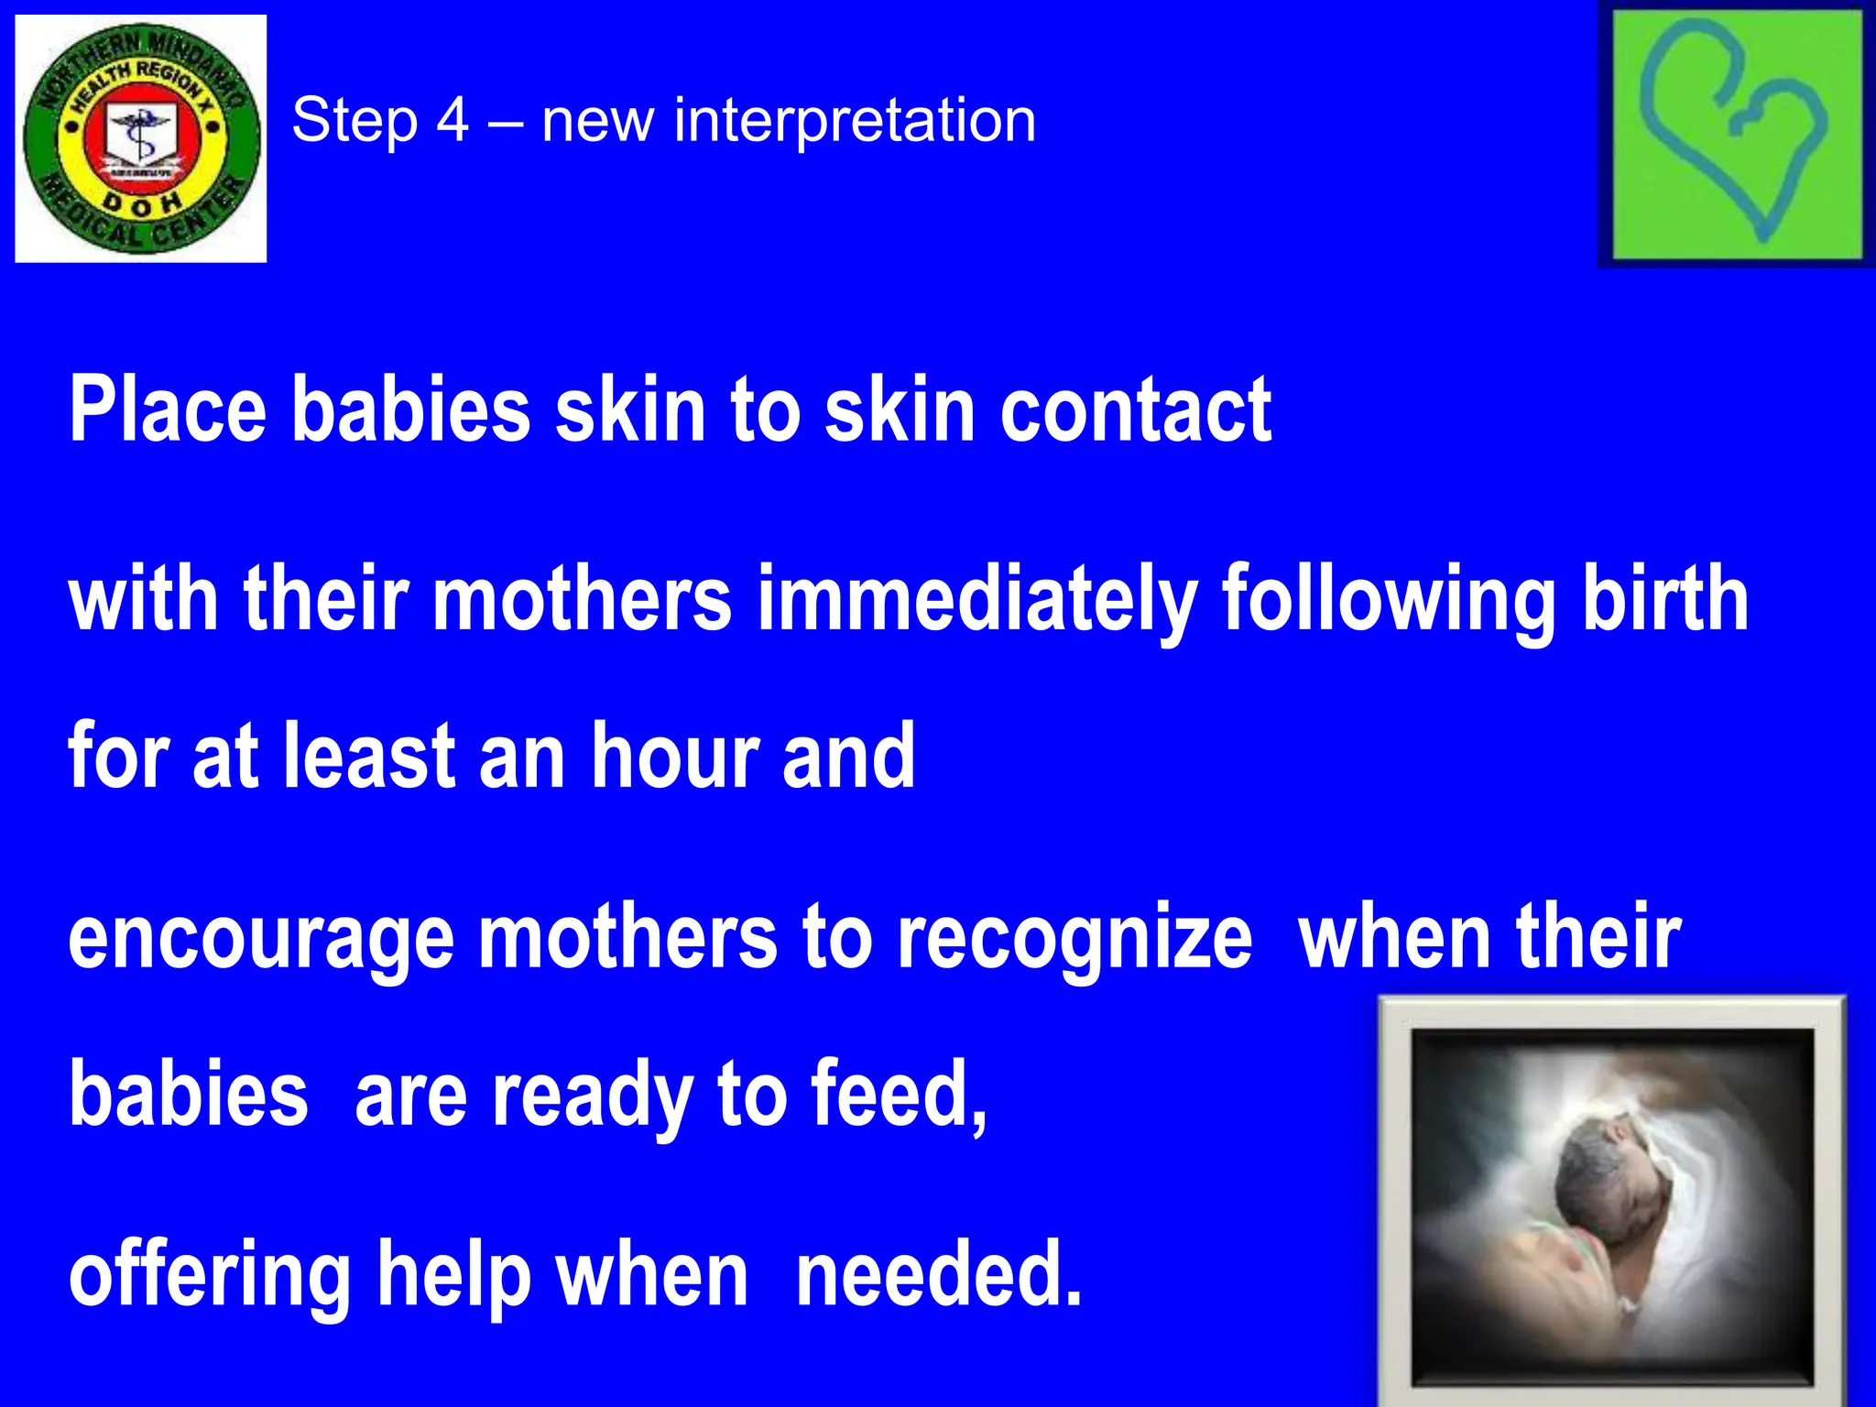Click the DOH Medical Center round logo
[141, 138]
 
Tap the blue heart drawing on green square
[1734, 136]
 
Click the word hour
[675, 756]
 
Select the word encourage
[261, 939]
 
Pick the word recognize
[1074, 939]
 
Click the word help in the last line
[454, 1275]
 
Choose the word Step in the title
[354, 122]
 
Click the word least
[369, 756]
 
